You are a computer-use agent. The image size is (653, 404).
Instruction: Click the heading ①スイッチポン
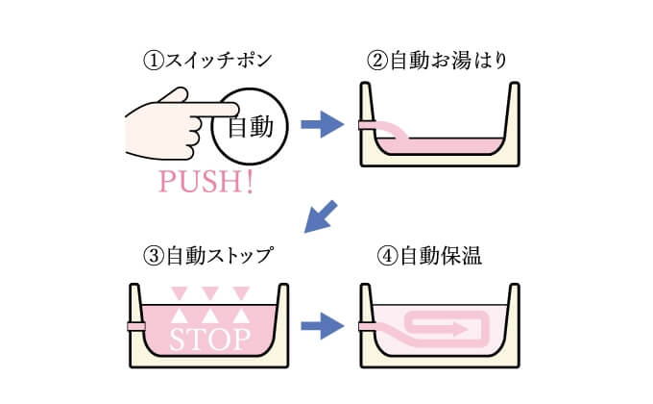tap(207, 60)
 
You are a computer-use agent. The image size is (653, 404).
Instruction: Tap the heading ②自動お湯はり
tap(437, 60)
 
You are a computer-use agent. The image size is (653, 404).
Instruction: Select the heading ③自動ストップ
tap(208, 255)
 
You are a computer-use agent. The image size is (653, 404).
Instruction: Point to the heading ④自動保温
tap(429, 256)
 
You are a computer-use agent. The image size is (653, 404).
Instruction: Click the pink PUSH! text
tap(206, 181)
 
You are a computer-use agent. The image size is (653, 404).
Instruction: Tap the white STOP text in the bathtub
tap(210, 340)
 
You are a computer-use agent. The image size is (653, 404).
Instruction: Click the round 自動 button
tap(250, 126)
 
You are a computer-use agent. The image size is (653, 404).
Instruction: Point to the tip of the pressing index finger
tap(237, 110)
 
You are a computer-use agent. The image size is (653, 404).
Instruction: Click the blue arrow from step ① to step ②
tap(323, 124)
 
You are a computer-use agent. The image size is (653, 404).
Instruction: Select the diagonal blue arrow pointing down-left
tap(320, 216)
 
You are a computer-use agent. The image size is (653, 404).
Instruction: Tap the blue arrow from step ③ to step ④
tap(323, 326)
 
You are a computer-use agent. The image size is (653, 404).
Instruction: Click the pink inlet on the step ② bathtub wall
tap(368, 124)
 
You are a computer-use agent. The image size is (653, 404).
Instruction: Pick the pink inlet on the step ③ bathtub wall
tap(136, 326)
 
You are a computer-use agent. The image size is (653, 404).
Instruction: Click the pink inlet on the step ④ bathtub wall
tap(368, 326)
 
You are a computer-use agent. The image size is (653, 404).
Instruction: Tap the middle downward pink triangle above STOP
tap(210, 293)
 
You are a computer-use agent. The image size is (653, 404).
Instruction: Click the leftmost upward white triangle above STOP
tap(180, 316)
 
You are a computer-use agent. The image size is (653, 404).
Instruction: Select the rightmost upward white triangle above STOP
tap(241, 316)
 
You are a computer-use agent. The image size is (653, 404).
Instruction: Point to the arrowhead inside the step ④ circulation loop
tap(461, 329)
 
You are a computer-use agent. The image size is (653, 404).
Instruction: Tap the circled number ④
tap(387, 256)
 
